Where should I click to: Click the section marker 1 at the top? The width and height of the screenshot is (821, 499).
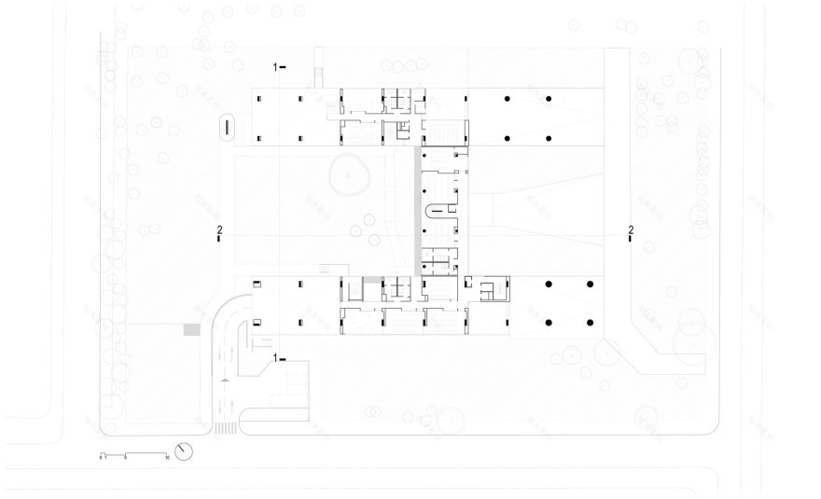276,66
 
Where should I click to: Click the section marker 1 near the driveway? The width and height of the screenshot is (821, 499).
276,357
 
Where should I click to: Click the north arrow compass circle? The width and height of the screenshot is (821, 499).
187,452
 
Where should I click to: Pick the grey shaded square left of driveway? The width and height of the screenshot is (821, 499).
192,330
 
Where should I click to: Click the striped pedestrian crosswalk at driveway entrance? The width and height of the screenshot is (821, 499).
224,429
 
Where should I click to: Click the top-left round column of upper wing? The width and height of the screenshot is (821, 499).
507,98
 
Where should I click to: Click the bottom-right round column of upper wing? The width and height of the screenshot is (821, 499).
549,138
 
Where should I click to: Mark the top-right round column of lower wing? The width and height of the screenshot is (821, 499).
591,283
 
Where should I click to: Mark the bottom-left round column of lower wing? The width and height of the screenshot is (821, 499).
549,323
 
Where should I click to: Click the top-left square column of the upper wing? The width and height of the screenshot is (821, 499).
259,97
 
